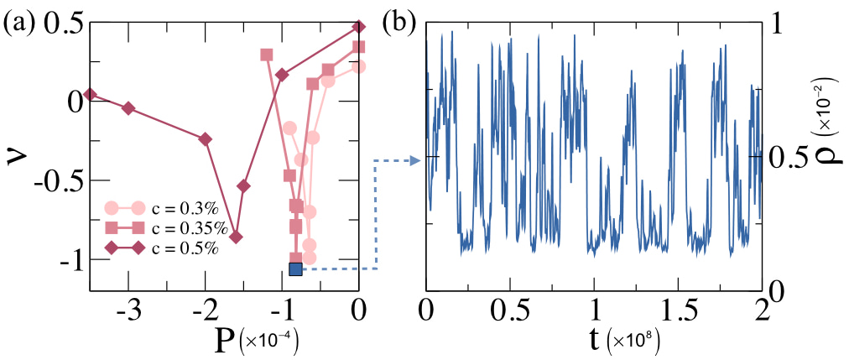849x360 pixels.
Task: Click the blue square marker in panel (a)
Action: coord(295,269)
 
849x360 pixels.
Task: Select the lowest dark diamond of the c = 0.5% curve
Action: coord(236,237)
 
